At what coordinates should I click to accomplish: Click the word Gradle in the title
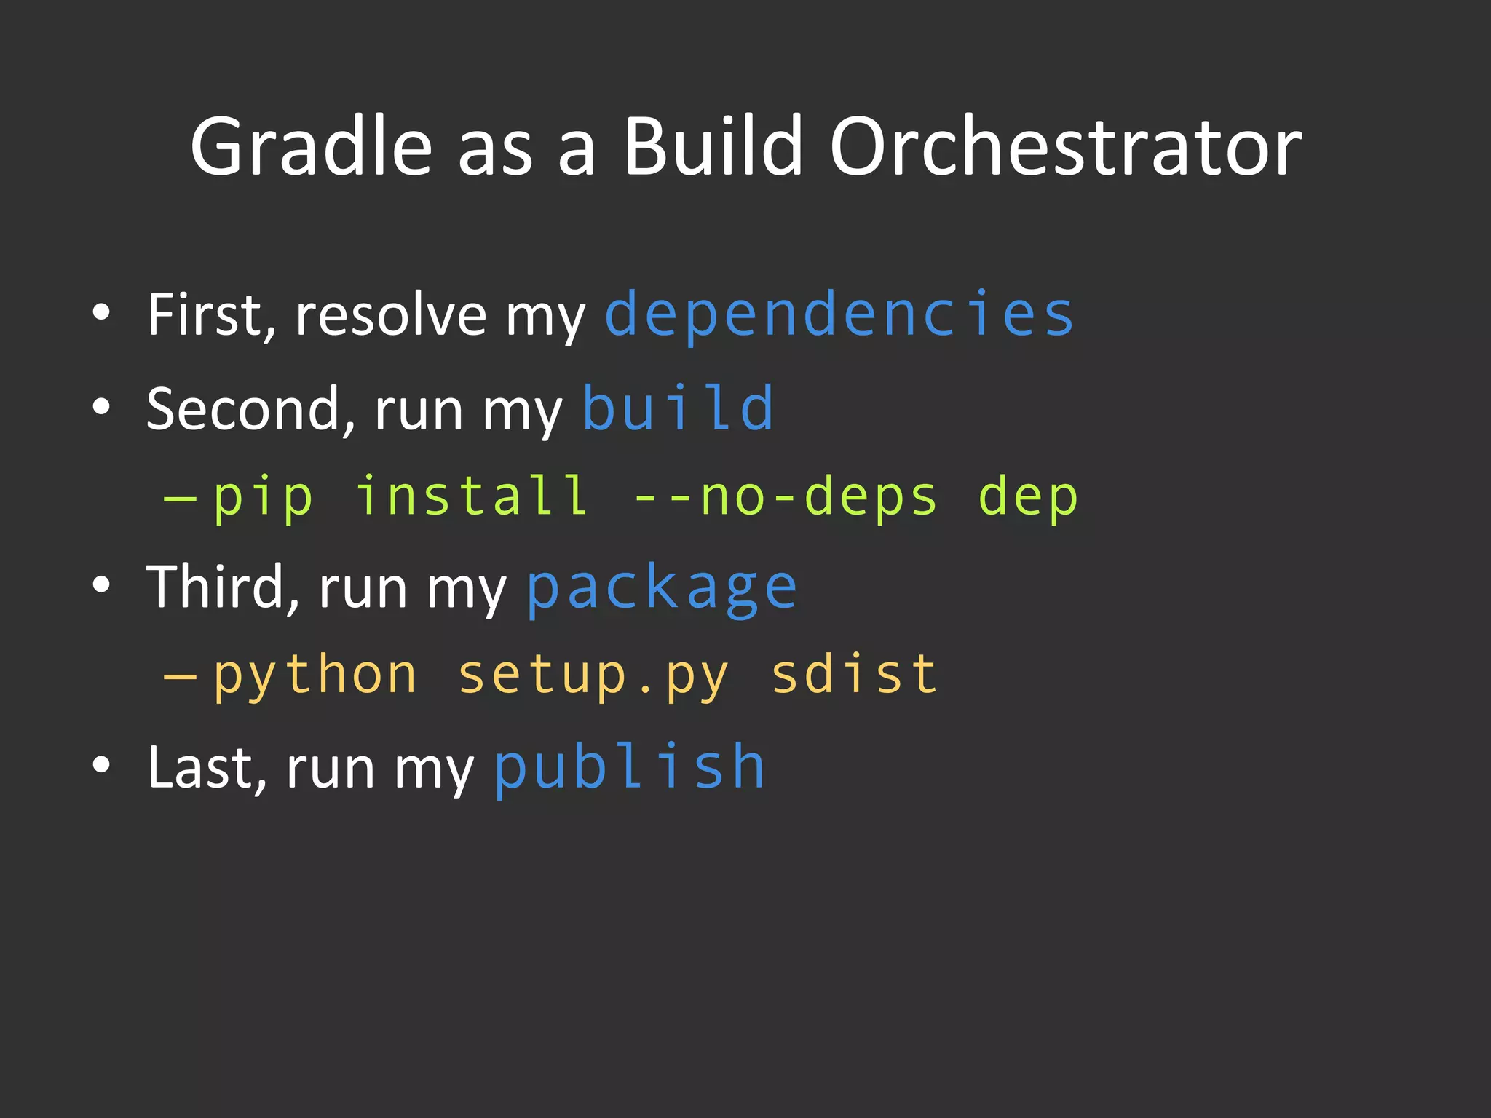312,147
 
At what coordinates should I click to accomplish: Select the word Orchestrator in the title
1065,147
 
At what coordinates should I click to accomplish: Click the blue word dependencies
839,314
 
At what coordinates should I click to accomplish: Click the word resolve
391,314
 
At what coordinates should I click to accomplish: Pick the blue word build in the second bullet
678,408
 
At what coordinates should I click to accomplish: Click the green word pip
264,498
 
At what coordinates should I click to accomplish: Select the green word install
472,496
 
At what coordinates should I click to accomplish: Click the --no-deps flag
786,498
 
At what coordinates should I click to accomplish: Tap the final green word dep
1027,498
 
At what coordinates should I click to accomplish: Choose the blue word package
662,588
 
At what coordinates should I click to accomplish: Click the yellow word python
315,675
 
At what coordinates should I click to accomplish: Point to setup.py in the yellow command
593,675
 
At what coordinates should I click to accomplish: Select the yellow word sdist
854,674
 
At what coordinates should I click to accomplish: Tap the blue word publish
630,767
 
